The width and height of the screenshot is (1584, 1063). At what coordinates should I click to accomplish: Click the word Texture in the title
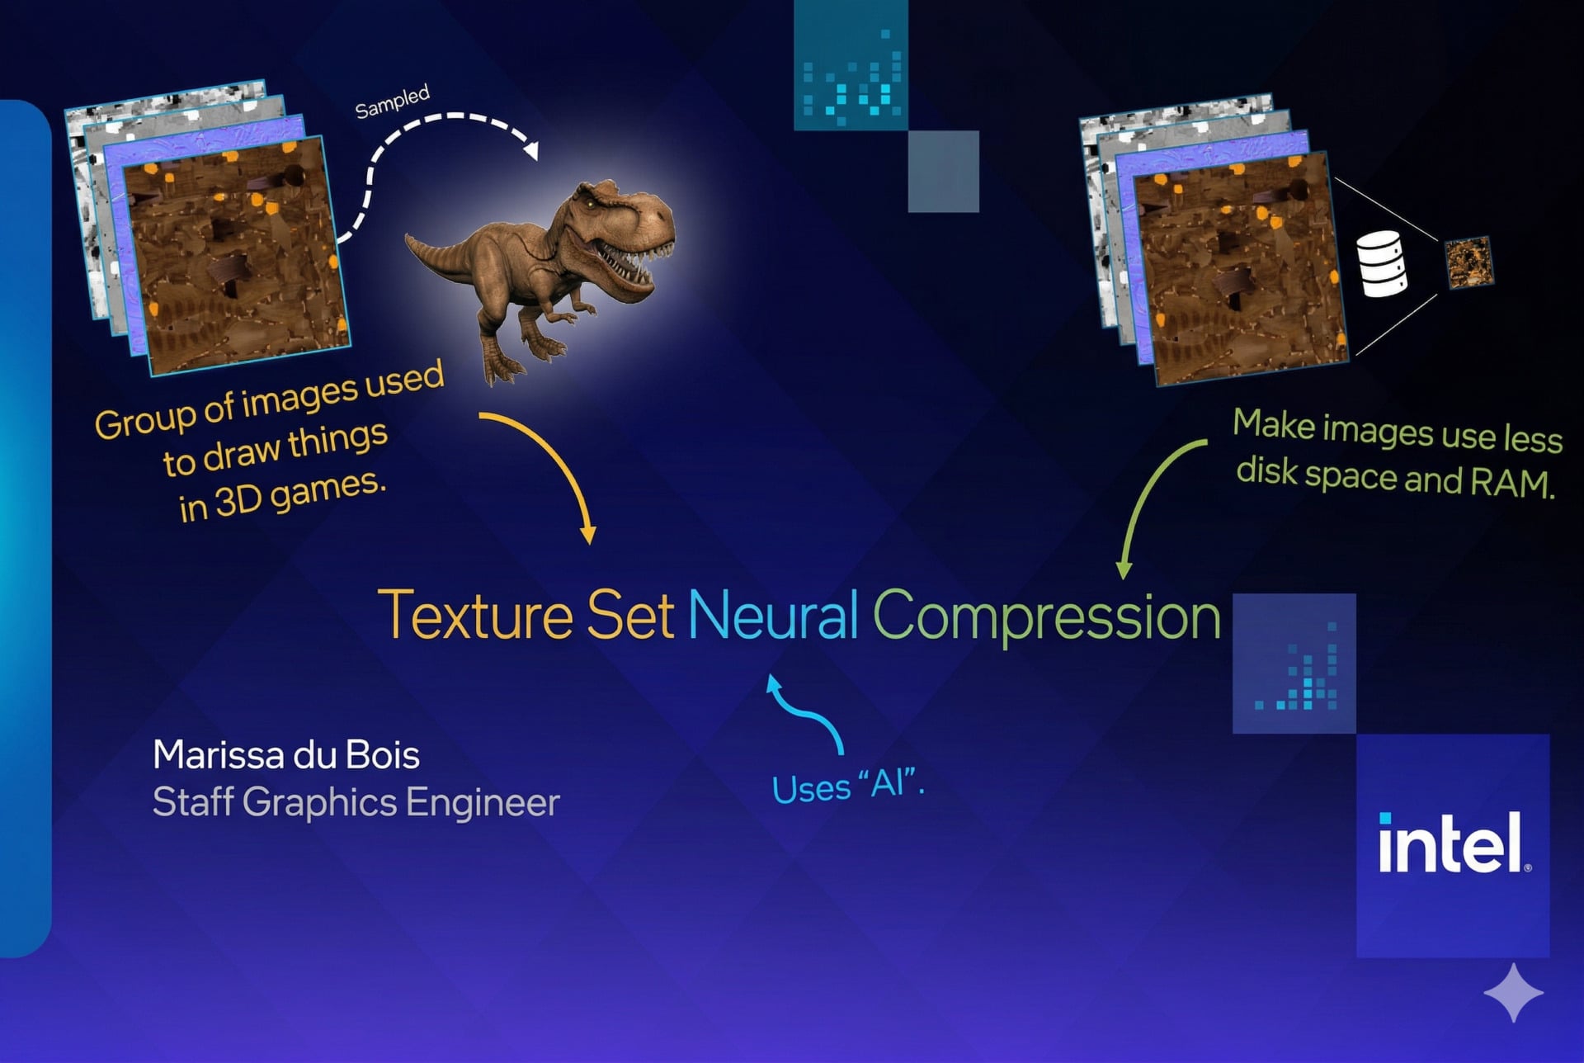tap(475, 614)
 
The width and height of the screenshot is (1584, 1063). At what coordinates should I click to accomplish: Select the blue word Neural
tap(774, 614)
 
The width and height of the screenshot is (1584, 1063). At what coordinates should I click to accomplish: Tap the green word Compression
tap(1046, 617)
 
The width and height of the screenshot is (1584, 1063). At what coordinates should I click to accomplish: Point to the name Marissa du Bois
tap(286, 754)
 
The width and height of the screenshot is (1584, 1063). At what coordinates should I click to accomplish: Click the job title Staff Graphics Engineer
tap(356, 802)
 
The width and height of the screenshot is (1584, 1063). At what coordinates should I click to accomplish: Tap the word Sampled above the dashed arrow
tap(393, 101)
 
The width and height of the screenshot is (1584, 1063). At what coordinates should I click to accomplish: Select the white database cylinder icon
tap(1383, 264)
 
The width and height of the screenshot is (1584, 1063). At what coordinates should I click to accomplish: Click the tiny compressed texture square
tap(1469, 262)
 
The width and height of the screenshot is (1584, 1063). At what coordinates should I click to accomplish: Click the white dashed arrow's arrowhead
tap(531, 150)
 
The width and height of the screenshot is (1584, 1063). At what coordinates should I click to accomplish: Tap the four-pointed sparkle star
tap(1514, 993)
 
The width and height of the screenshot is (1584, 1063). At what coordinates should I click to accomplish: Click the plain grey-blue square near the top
tap(944, 172)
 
